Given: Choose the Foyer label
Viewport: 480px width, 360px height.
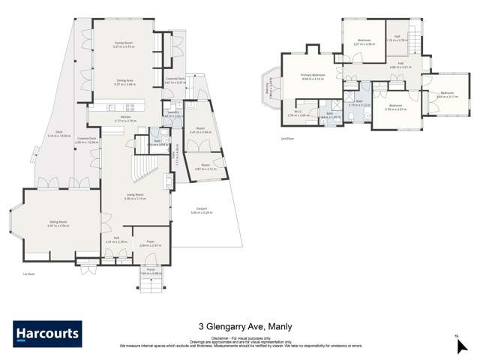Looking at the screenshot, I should tap(150, 242).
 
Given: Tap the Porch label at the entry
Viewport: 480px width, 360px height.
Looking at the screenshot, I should tap(150, 271).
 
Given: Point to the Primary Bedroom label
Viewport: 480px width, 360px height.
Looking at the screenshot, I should tap(313, 76).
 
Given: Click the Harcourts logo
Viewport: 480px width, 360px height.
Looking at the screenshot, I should tap(47, 334).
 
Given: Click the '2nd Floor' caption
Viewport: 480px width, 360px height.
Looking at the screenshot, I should tap(286, 138).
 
